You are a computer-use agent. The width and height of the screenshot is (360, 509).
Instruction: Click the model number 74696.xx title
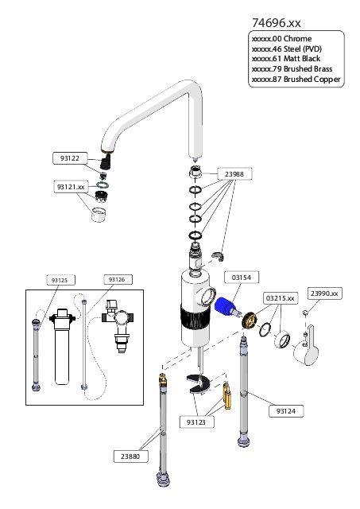coord(277,23)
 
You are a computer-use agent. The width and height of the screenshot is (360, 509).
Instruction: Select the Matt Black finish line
coord(286,59)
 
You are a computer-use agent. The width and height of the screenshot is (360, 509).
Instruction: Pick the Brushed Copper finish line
coord(296,80)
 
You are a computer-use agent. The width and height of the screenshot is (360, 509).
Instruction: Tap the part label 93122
coord(70,158)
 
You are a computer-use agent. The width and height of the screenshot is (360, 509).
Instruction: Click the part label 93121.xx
coord(71,187)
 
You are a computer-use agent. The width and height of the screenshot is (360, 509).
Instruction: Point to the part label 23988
coord(234,174)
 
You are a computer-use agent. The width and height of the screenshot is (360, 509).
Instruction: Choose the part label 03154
coord(242,278)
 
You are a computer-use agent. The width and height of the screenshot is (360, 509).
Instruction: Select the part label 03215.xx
coord(281,298)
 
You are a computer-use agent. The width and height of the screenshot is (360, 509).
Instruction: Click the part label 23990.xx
coord(324,293)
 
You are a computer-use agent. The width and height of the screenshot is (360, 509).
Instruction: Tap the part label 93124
coord(286,411)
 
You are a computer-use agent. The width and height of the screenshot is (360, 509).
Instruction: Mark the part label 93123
coord(196,422)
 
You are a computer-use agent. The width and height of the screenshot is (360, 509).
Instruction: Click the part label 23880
coord(130,457)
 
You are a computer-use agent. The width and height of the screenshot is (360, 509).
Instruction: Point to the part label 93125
coord(60,280)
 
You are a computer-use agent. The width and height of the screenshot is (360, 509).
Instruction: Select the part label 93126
coord(117,279)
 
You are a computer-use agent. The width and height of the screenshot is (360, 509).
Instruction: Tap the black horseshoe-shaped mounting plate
coord(198,384)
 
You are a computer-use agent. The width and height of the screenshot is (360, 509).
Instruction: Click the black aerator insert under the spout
coord(106,161)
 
